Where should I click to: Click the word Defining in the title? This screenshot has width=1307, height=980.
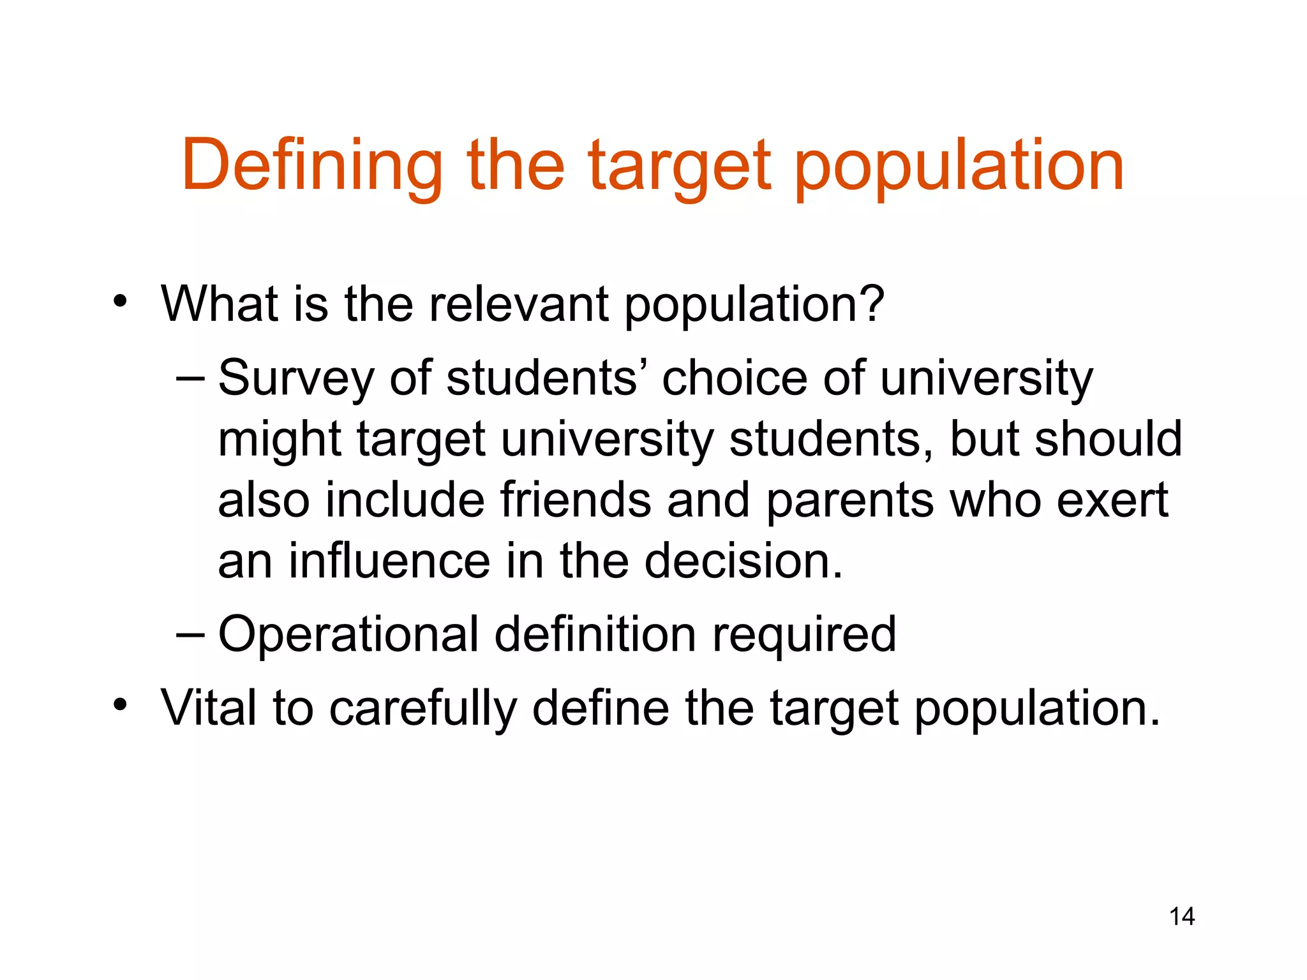pos(312,166)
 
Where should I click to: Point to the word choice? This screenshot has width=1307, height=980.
pos(734,378)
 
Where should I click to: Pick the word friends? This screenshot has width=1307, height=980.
pos(576,500)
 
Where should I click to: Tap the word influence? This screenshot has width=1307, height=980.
pos(389,561)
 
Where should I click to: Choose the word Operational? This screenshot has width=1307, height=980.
pos(348,635)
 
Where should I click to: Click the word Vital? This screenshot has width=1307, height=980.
pos(209,708)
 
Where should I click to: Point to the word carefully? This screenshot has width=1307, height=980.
pos(422,709)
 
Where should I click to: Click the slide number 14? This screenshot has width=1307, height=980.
pos(1181,917)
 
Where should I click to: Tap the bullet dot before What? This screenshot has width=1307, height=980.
pos(120,301)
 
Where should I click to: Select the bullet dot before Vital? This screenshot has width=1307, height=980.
pos(120,706)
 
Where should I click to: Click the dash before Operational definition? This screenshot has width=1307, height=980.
pos(190,635)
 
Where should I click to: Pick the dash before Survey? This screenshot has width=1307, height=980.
pos(190,378)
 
